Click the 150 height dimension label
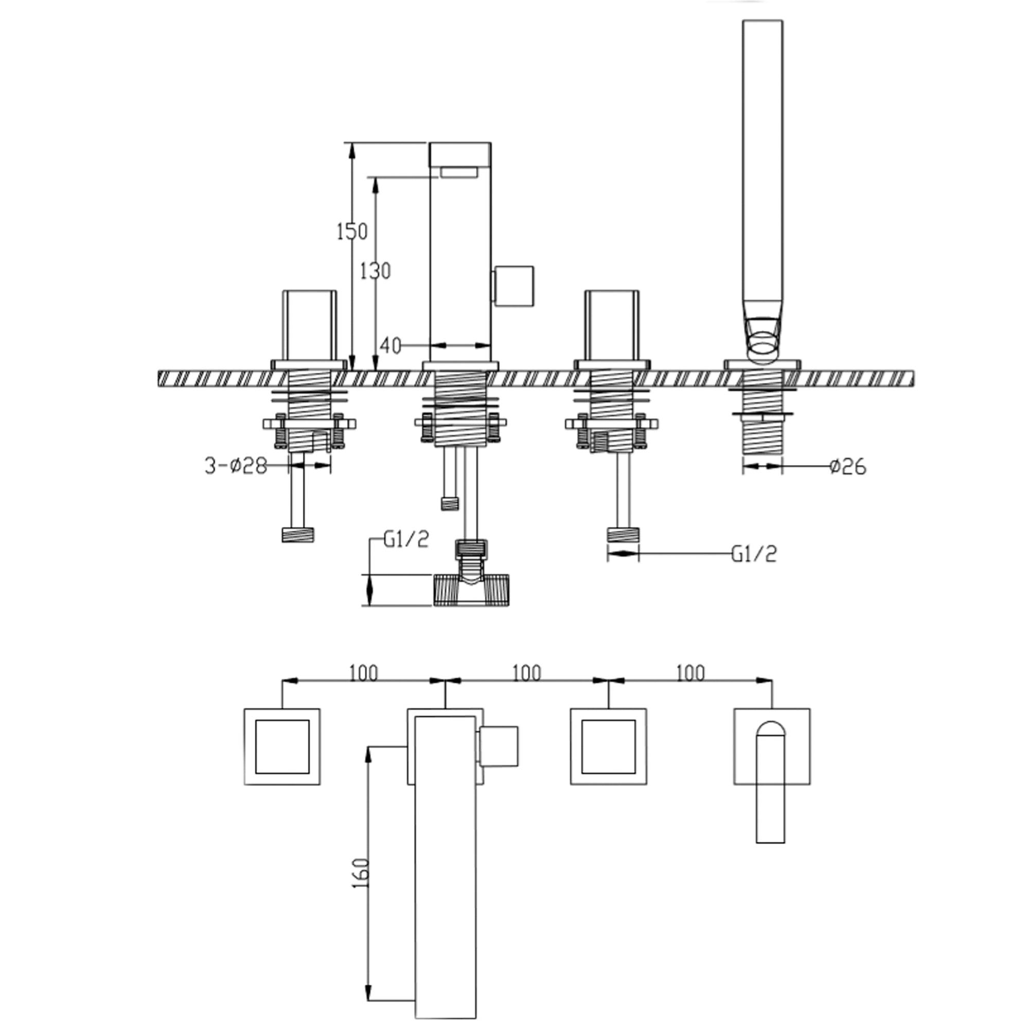(352, 232)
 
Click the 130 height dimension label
(376, 271)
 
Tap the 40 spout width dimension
(391, 346)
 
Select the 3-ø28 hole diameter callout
(236, 466)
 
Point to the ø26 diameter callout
(848, 467)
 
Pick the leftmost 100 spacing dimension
(363, 673)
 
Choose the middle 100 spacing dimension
(526, 673)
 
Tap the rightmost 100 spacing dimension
(690, 673)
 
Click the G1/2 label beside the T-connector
(406, 540)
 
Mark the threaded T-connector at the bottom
(472, 589)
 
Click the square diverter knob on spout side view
(514, 286)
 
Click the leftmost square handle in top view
(282, 746)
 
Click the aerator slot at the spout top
(458, 171)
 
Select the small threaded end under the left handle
(298, 535)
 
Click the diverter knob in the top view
(499, 746)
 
